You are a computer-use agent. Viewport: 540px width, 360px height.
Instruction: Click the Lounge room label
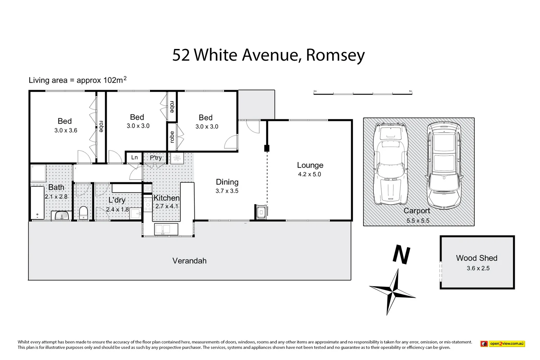point(310,165)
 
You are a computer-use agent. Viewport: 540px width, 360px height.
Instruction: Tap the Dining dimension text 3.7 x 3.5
point(227,191)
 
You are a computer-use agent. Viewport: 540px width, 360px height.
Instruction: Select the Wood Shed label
point(477,258)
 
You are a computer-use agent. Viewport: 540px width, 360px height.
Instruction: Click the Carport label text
point(417,211)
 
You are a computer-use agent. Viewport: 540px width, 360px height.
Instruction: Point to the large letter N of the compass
point(401,255)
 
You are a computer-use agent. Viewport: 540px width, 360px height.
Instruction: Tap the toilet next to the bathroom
point(83,213)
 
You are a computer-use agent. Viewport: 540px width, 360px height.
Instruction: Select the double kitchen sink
point(166,229)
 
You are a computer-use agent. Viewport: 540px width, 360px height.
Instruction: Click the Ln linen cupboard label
point(135,158)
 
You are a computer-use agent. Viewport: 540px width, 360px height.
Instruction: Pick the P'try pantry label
point(156,158)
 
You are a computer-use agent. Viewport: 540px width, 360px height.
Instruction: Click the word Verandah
point(189,261)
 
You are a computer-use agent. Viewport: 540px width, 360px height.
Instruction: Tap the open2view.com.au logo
point(503,343)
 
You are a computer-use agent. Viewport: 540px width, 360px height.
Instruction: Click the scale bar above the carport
point(363,93)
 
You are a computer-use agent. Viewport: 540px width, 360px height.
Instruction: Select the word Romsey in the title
point(335,55)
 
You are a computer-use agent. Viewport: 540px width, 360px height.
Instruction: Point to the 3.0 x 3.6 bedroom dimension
point(65,131)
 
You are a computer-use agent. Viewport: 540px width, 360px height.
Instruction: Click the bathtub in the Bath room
point(37,203)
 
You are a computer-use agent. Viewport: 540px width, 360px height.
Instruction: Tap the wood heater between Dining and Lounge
point(261,212)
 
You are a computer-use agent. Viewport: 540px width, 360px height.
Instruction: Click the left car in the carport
point(390,164)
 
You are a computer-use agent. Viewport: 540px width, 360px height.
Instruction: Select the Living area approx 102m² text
point(78,80)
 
